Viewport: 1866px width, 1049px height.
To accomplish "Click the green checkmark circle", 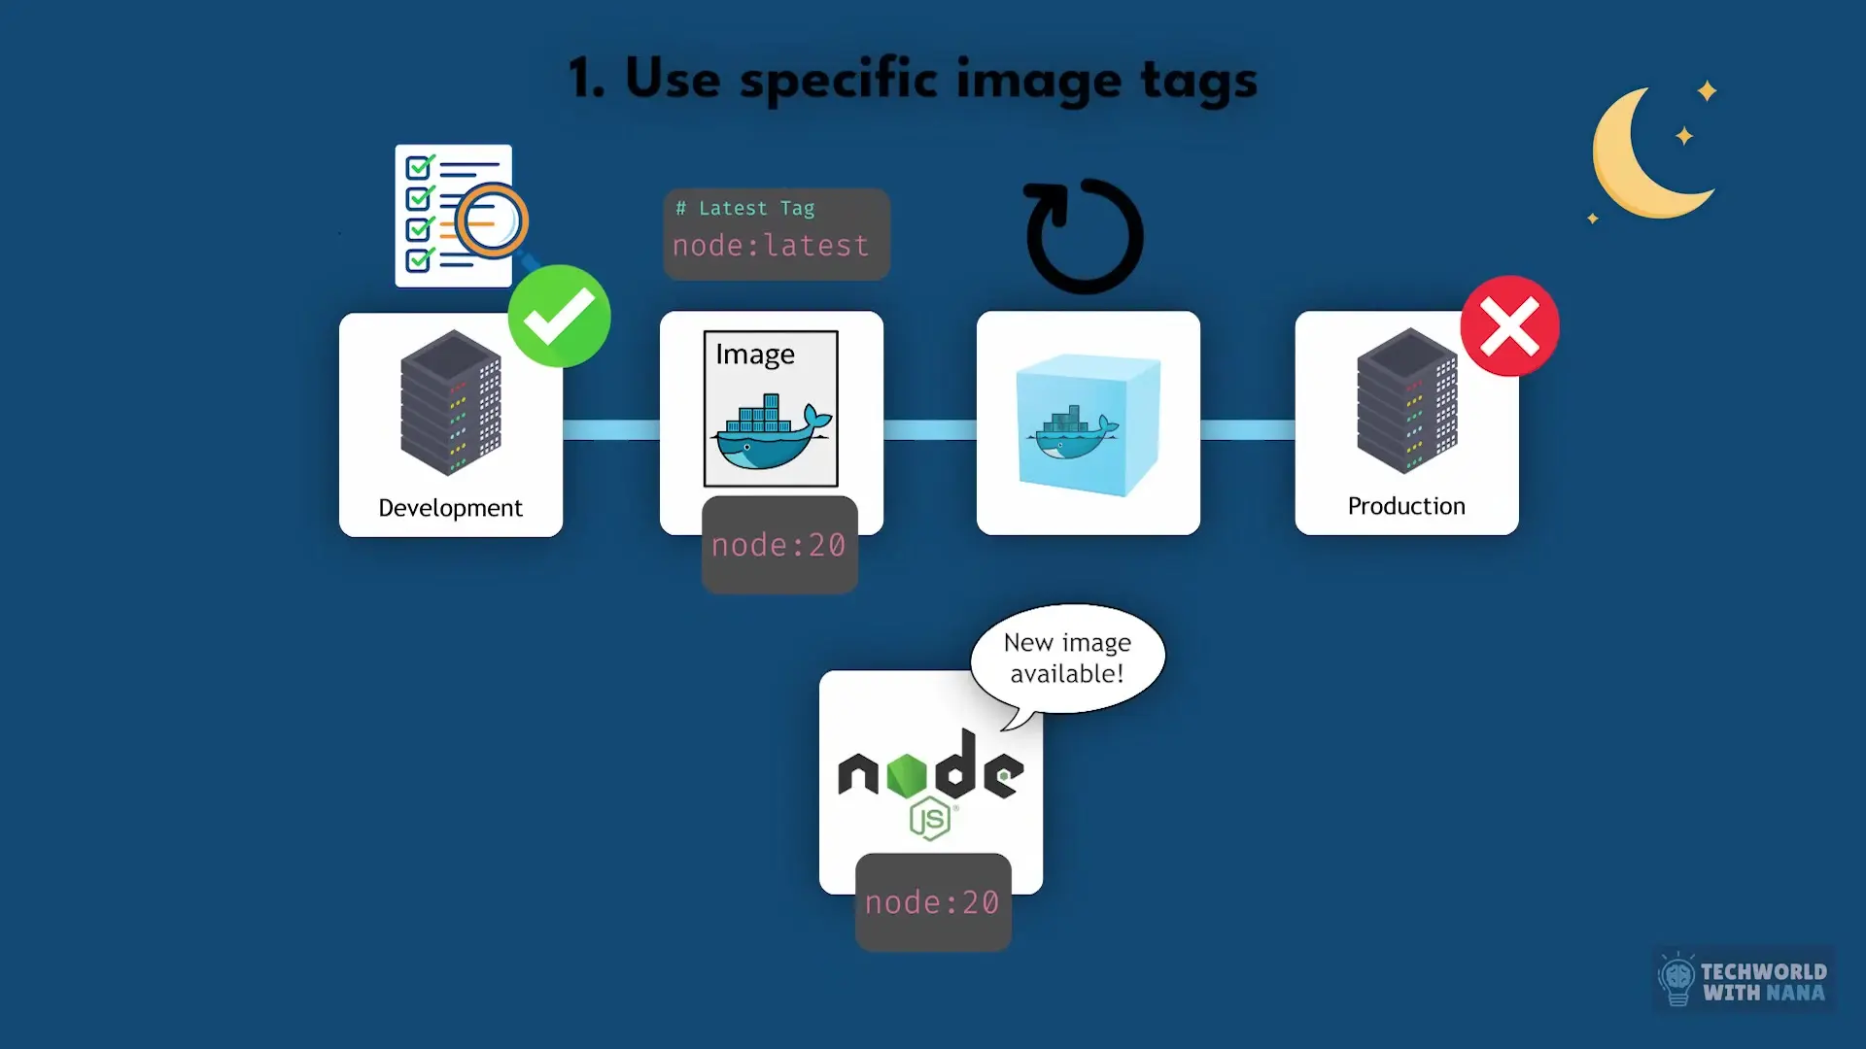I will (559, 317).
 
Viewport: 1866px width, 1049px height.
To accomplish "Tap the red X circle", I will (1509, 326).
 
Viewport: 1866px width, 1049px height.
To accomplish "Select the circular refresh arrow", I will (1085, 236).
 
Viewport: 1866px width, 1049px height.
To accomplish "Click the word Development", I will (450, 508).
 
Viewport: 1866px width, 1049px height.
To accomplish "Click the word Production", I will (1406, 506).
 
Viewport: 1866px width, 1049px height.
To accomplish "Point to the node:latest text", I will (771, 246).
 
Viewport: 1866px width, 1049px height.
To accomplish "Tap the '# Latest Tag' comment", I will (745, 208).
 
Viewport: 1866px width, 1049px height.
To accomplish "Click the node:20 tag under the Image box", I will (778, 545).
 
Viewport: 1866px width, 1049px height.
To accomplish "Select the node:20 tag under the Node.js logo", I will (932, 902).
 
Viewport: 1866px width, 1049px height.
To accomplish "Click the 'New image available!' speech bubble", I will (1067, 659).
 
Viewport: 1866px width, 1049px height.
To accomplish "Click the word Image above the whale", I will (755, 355).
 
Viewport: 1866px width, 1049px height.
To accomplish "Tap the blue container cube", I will (1088, 425).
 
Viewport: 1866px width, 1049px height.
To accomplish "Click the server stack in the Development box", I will (450, 402).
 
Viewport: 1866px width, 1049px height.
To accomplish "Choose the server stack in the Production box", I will (1406, 400).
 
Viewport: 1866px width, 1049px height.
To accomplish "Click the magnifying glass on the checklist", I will (492, 221).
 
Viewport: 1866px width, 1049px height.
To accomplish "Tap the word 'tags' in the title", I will (1198, 80).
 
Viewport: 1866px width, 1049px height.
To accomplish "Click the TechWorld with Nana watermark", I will (1745, 981).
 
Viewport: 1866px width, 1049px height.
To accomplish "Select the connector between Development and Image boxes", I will (611, 429).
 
